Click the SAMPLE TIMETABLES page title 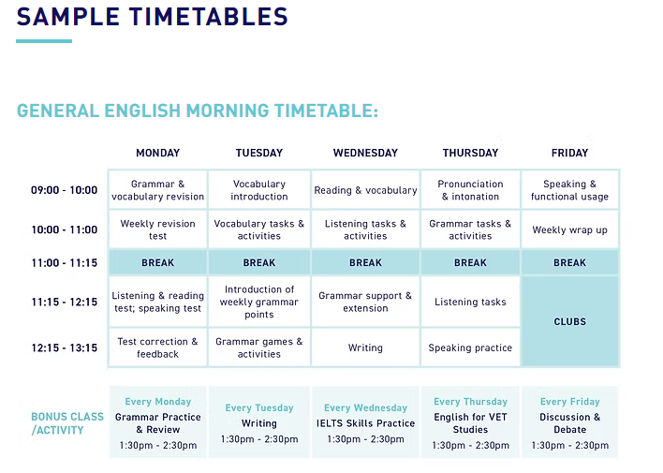[153, 17]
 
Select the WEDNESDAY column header [365, 153]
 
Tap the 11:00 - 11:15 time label [65, 263]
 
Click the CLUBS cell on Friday [570, 321]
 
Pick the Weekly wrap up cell [570, 229]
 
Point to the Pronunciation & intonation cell [470, 190]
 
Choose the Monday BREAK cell [157, 263]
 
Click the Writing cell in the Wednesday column [365, 347]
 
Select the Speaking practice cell [470, 347]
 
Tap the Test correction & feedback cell [157, 347]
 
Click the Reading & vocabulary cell [365, 190]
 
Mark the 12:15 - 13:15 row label [65, 347]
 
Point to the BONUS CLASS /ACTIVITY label [67, 423]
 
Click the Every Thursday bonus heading [470, 402]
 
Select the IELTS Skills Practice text [365, 423]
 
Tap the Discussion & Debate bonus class [570, 423]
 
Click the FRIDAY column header [569, 153]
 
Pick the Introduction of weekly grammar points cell [259, 302]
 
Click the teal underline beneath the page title [44, 41]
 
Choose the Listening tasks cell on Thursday [470, 302]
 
